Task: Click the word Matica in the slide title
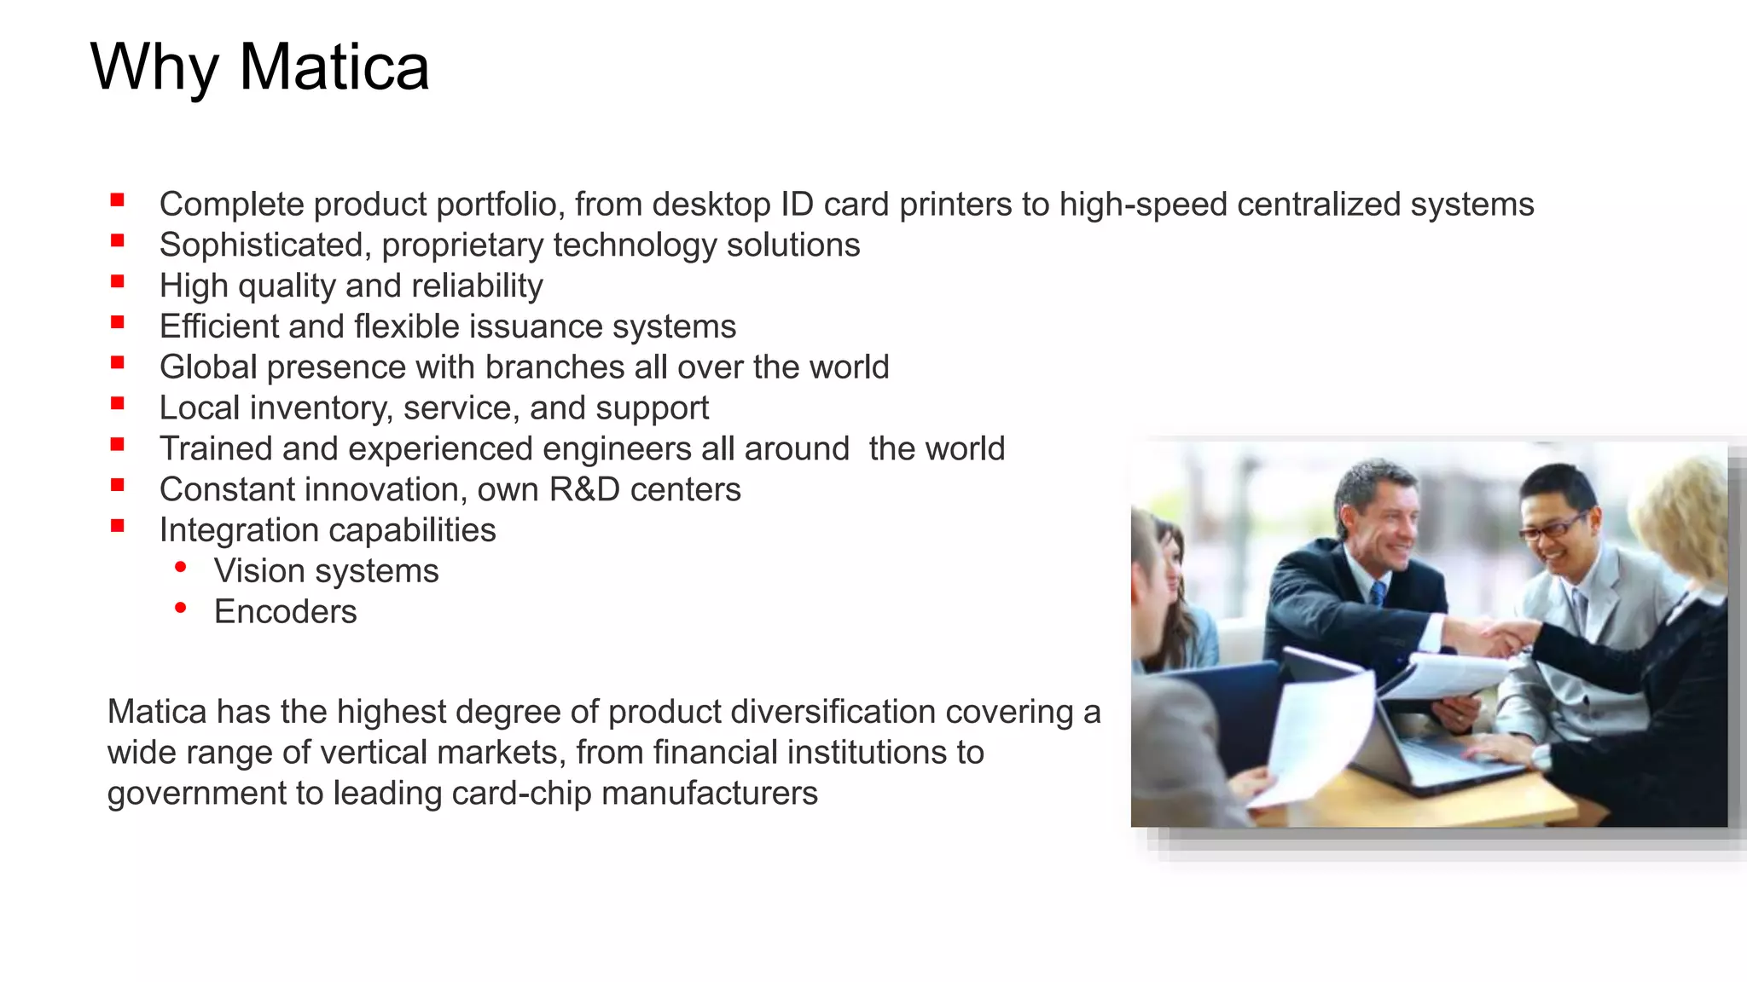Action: [x=334, y=66]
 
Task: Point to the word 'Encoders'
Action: [x=285, y=612]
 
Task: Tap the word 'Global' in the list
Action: [x=208, y=367]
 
